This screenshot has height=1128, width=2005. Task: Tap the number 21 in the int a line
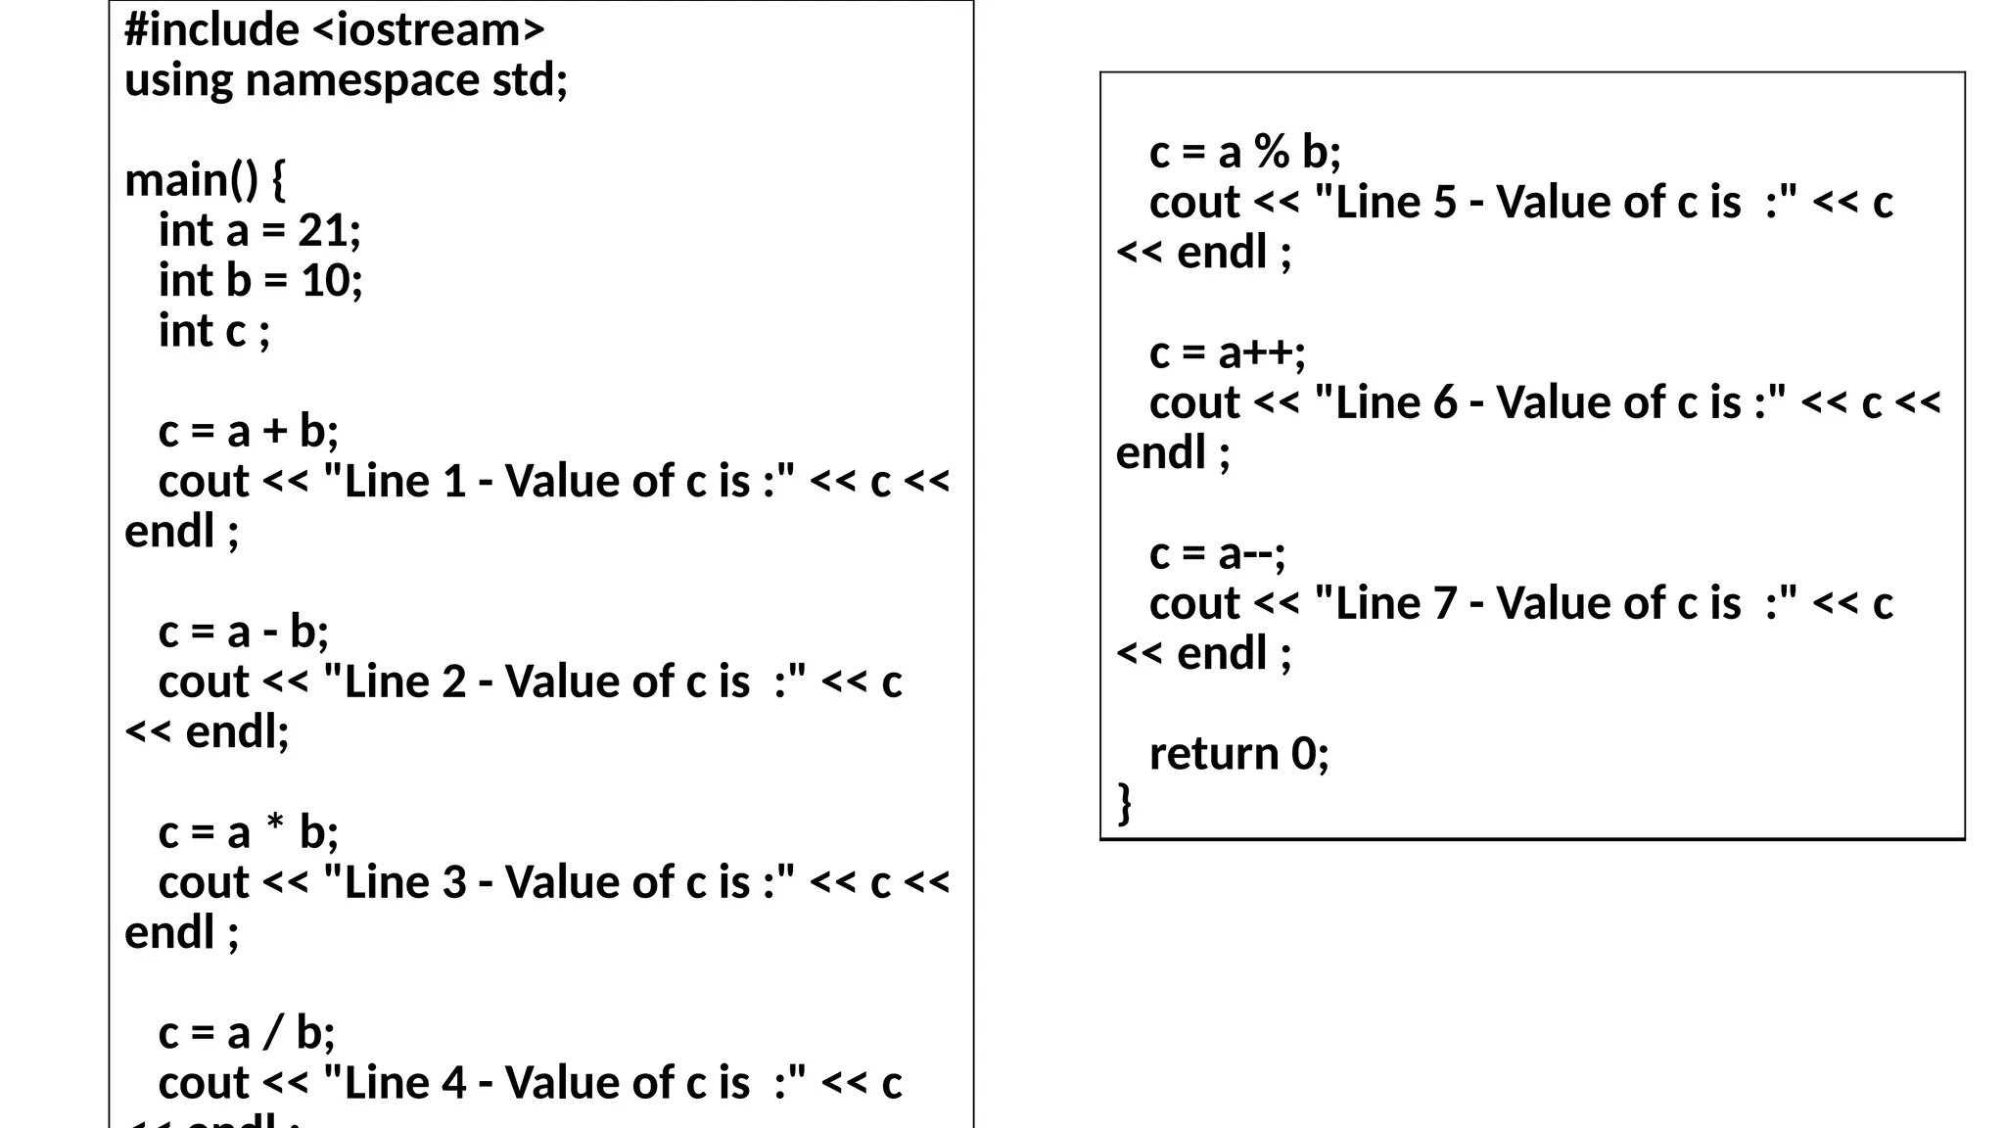[322, 231]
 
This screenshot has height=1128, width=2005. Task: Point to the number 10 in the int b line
[324, 281]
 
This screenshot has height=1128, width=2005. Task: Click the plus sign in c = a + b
[275, 431]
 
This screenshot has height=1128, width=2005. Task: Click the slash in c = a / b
[273, 1033]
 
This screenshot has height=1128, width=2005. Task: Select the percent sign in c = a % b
[1272, 153]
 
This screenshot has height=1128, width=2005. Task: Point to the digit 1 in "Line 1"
[453, 482]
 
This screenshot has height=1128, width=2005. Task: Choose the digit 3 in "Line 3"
[453, 883]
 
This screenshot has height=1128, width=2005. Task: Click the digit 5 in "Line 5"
[1444, 203]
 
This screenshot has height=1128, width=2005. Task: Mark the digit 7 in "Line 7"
[1445, 604]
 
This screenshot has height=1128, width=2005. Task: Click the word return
[1214, 754]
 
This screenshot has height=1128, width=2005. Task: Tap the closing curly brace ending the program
[1125, 803]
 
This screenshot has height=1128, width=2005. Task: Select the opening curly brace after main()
[278, 181]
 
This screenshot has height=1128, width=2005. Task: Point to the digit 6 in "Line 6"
[1444, 403]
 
